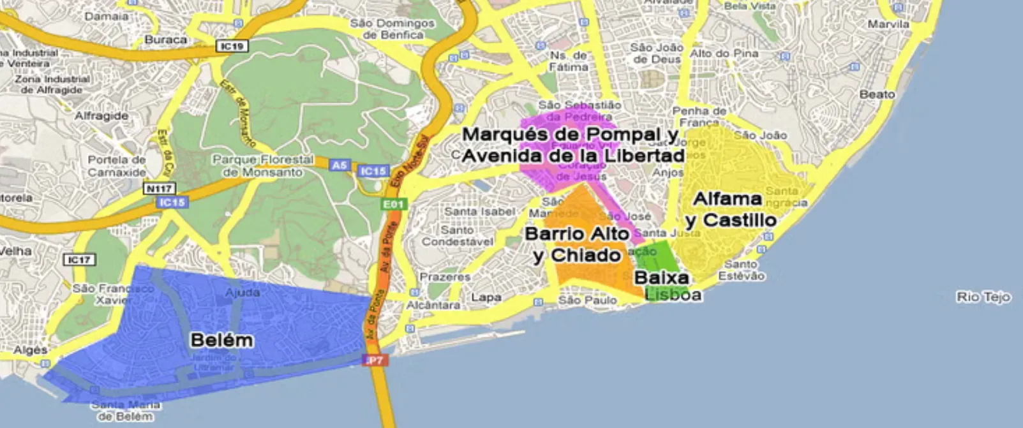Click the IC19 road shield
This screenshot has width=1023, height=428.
[x=232, y=46]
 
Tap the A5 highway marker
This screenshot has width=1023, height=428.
[x=340, y=165]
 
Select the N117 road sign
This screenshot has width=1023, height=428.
[x=159, y=189]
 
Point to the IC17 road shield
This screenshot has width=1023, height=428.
[x=79, y=260]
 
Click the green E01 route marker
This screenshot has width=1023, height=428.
[x=393, y=204]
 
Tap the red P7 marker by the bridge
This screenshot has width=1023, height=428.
[x=375, y=360]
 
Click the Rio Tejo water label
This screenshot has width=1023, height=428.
[x=983, y=297]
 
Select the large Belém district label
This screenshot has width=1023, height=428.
[x=221, y=340]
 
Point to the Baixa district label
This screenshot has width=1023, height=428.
[x=662, y=277]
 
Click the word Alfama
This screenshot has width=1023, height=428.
[x=727, y=199]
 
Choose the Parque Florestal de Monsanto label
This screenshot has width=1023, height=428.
[x=263, y=166]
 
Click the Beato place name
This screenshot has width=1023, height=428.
[x=877, y=94]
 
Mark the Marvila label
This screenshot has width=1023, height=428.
[x=888, y=24]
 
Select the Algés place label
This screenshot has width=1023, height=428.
[x=30, y=350]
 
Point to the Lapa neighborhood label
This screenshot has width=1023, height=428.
[x=486, y=297]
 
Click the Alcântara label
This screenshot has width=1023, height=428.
[x=433, y=306]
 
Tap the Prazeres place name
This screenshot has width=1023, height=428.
[x=445, y=277]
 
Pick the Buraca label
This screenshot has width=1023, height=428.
[x=166, y=40]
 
